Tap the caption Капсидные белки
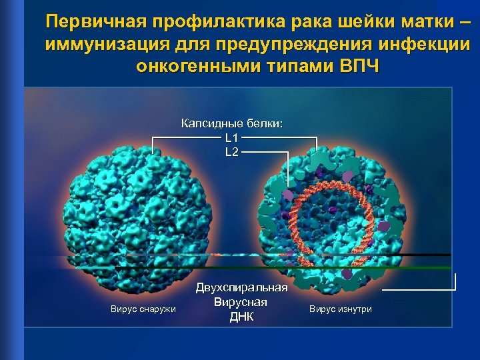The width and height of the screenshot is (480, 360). (232, 123)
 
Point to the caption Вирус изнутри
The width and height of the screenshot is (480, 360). (341, 309)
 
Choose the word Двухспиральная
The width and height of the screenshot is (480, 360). (241, 288)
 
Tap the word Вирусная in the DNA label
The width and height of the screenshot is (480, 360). (241, 302)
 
